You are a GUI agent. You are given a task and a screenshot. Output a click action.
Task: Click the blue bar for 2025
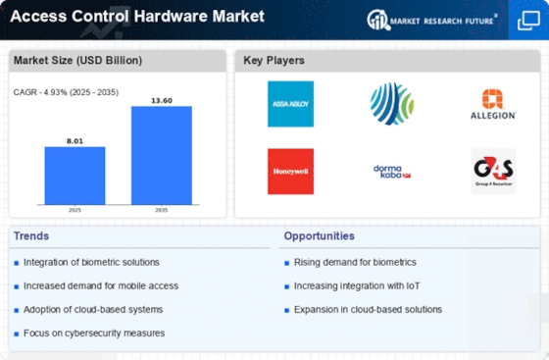point(75,176)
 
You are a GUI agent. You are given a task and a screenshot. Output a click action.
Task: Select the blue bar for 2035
point(162,155)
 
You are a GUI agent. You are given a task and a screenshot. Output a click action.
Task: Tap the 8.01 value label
point(75,141)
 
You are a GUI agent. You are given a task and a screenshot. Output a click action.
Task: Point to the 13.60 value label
point(162,100)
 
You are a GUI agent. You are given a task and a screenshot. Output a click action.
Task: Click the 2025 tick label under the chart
point(75,210)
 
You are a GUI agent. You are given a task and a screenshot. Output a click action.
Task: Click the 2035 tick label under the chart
point(162,210)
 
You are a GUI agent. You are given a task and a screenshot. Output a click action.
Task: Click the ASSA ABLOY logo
point(290,104)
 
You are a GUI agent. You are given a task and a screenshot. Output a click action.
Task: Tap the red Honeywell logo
point(290,172)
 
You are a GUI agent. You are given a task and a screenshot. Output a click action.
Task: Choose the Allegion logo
point(493,104)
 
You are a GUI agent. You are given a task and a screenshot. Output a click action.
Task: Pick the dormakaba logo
point(392,172)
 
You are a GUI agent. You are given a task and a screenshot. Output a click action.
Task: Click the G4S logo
point(493,172)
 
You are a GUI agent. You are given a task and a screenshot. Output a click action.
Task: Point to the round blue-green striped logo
point(392,104)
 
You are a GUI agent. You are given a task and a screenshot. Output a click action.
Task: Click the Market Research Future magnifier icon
point(378,20)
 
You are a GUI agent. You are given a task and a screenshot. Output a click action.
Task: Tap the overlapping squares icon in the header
point(528,21)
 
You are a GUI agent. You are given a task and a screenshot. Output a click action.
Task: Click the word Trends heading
point(31,236)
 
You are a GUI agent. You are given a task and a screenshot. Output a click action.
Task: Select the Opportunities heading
point(319,236)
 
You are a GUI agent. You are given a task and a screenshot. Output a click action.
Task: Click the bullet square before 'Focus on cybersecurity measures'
point(16,334)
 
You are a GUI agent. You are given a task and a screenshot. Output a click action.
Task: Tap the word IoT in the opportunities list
point(413,286)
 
